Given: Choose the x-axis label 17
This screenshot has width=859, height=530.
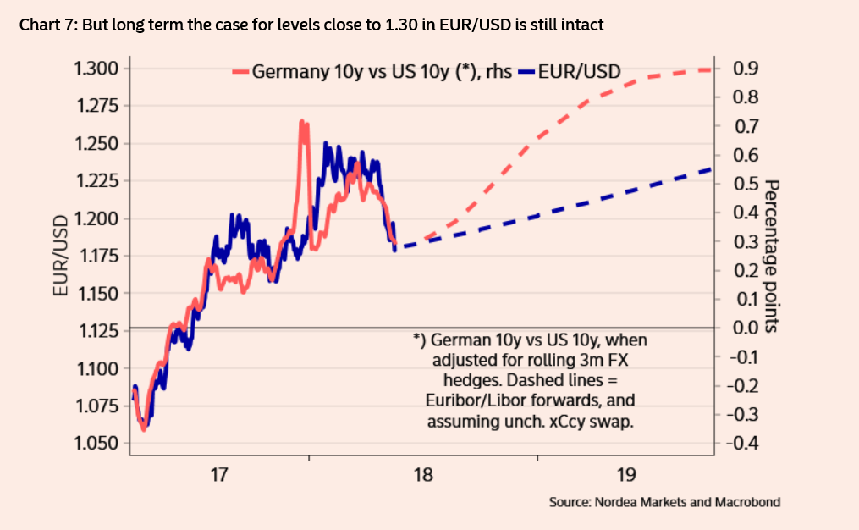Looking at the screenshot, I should [219, 474].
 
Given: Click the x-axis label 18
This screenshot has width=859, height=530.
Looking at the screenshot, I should [422, 474].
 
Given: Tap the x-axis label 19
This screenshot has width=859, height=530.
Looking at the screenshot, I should [625, 474].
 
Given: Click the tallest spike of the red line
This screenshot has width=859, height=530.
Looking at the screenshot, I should [302, 123].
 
